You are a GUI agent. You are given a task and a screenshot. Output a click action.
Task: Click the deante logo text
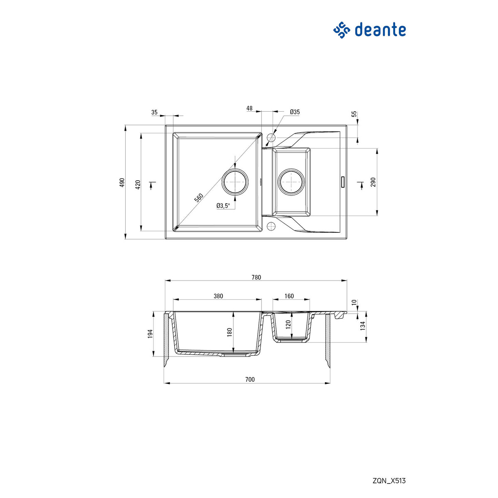click(x=380, y=30)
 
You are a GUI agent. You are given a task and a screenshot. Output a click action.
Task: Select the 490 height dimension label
click(x=122, y=183)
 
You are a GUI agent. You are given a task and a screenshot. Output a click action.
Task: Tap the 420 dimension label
click(x=138, y=184)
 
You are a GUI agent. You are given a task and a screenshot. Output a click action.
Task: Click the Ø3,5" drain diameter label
click(x=223, y=205)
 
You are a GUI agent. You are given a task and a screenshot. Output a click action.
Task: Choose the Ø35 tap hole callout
click(x=295, y=112)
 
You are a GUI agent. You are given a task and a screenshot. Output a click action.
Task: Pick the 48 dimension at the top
click(x=249, y=108)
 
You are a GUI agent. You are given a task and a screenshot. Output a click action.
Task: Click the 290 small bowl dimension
click(x=373, y=182)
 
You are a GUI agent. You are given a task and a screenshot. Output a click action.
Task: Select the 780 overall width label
click(x=256, y=277)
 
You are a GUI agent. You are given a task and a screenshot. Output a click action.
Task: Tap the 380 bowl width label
click(x=218, y=296)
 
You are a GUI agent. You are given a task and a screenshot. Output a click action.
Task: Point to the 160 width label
click(x=289, y=296)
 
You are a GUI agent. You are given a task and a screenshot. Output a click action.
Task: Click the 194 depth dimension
click(x=150, y=333)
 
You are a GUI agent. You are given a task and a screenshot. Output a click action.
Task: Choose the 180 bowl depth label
click(x=229, y=332)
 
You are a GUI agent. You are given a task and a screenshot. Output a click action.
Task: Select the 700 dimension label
click(x=249, y=379)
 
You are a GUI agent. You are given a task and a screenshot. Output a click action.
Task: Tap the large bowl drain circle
click(x=235, y=182)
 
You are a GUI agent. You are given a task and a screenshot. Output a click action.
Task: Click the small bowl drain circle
click(x=292, y=181)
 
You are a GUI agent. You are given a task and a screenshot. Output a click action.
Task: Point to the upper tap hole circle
click(x=272, y=137)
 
